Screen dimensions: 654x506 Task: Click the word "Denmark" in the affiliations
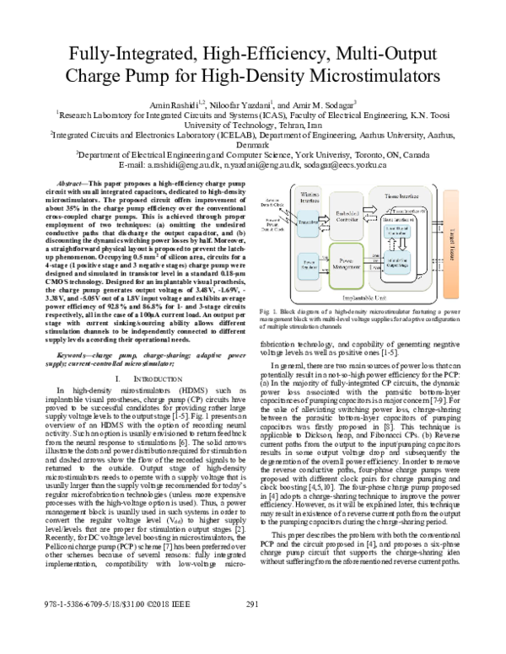coord(253,143)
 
